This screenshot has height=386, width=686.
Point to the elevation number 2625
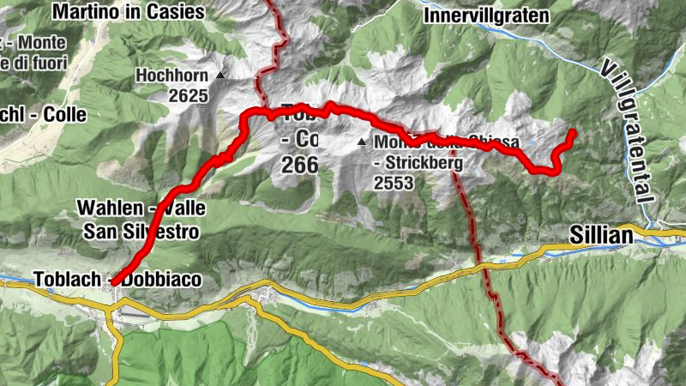tap(188, 95)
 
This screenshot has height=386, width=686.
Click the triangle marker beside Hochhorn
tap(220, 75)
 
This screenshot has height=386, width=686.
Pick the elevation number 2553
tap(394, 182)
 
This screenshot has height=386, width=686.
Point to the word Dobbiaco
tap(159, 279)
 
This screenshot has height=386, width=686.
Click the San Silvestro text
tap(141, 231)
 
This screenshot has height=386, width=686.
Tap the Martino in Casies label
tap(129, 12)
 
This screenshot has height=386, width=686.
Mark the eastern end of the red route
tap(573, 131)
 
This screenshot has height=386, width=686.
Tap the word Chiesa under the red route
tap(493, 142)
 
